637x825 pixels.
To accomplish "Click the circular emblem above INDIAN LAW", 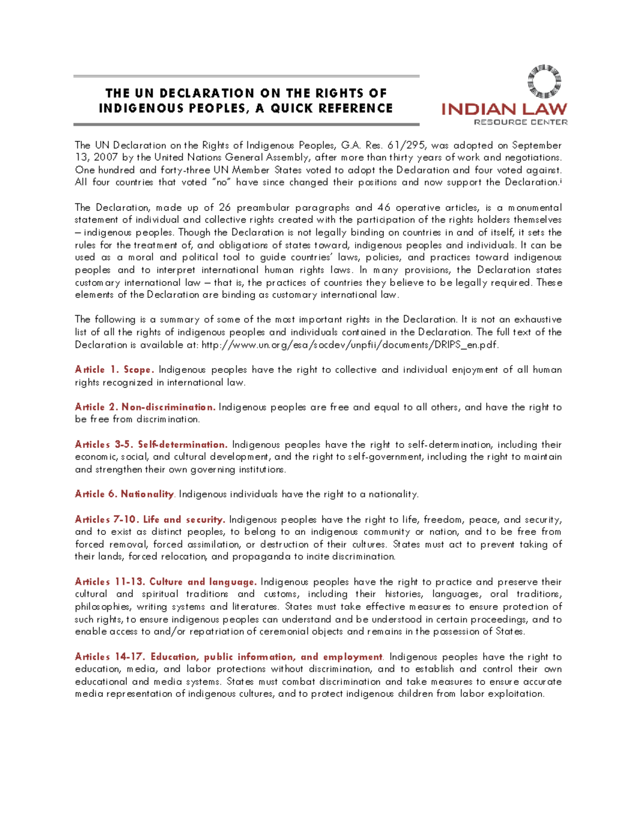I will click(544, 81).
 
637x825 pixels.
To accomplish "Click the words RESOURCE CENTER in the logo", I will click(520, 122).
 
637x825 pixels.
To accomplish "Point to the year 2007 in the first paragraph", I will click(106, 157).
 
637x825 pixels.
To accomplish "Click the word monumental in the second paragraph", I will click(535, 207).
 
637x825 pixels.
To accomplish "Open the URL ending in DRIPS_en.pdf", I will click(350, 345).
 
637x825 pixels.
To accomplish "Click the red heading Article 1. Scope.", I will click(114, 370).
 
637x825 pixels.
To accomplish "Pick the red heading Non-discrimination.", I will click(168, 407).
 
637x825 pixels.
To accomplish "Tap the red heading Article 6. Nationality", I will click(124, 494).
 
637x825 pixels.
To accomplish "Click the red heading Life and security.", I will click(184, 520).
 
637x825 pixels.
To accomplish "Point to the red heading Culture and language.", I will click(203, 582).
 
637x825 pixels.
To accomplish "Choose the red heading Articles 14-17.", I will click(110, 657).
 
